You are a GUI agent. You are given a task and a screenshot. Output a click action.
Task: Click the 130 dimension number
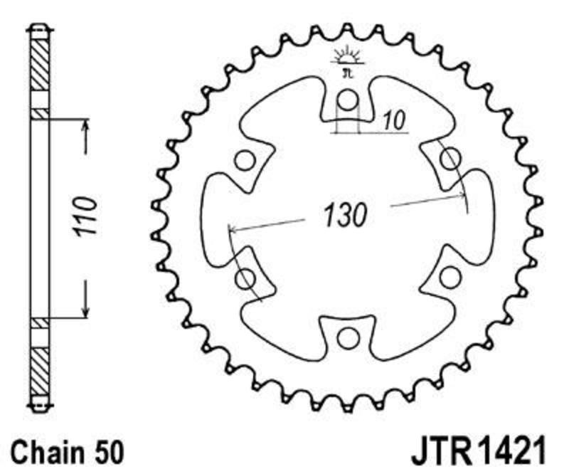click(x=345, y=216)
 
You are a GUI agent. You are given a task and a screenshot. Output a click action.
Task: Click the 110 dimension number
click(x=85, y=216)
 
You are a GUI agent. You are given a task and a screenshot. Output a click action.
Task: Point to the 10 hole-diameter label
click(x=394, y=120)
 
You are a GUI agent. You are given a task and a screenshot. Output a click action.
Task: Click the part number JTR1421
click(x=478, y=451)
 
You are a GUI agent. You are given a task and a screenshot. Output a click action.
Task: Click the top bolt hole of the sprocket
click(x=348, y=100)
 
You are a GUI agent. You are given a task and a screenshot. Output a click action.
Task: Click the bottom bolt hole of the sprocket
click(x=348, y=339)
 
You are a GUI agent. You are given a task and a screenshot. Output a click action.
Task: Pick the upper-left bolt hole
click(x=245, y=160)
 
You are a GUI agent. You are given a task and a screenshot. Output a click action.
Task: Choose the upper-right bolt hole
click(x=451, y=159)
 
